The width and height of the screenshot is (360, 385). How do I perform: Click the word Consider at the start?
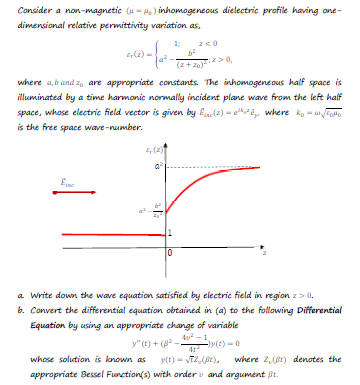(22, 9)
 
